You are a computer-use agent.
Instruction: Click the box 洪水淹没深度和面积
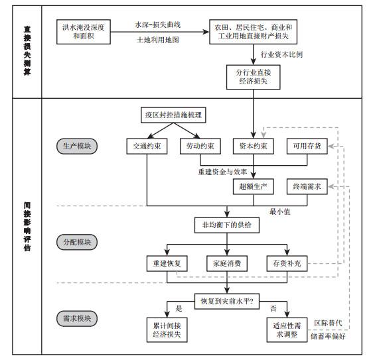[x=84, y=32]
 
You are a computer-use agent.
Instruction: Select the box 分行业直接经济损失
[x=253, y=77]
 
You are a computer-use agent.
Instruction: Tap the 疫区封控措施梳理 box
[x=173, y=115]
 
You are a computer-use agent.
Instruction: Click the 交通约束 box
[x=147, y=146]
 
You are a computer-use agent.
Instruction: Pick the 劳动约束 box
[x=200, y=146]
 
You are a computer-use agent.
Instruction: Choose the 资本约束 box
[x=253, y=146]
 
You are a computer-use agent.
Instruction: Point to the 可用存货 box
[x=307, y=146]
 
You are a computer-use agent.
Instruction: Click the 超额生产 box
[x=253, y=186]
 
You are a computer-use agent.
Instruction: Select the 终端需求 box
[x=307, y=186]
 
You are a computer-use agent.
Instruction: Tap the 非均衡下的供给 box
[x=227, y=225]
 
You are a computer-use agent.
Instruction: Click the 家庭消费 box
[x=227, y=263]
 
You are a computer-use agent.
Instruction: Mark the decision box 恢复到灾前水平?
[x=227, y=301]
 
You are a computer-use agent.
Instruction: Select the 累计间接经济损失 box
[x=167, y=330]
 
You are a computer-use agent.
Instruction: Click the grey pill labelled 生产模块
[x=77, y=146]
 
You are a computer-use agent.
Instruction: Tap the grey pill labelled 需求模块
[x=77, y=318]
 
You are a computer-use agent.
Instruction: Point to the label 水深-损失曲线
[x=158, y=25]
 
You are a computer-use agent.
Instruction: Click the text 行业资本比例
[x=282, y=54]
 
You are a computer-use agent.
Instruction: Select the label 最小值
[x=279, y=211]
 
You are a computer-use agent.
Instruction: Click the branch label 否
[x=273, y=308]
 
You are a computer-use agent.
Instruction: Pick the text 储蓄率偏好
[x=328, y=336]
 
